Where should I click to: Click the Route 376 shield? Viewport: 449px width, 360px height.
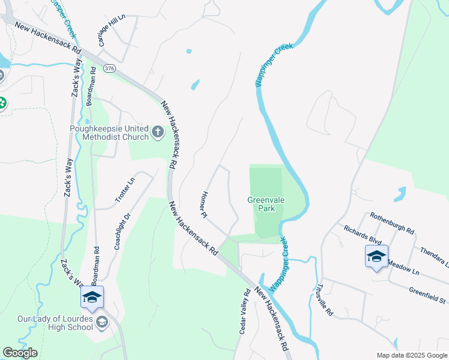pos(109,68)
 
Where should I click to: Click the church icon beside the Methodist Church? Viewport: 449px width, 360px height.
pos(158,131)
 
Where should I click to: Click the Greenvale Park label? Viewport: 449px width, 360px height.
pos(262,205)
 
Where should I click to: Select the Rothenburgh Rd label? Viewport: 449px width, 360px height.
pos(392,223)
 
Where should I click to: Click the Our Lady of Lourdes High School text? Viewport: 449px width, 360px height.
pos(55,323)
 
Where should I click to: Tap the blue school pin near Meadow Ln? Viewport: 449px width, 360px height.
pos(376,257)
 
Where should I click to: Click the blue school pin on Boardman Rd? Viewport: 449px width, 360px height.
pos(92,297)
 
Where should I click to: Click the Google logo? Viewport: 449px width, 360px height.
pos(20,353)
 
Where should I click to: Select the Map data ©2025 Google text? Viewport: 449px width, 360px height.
pos(411,355)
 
